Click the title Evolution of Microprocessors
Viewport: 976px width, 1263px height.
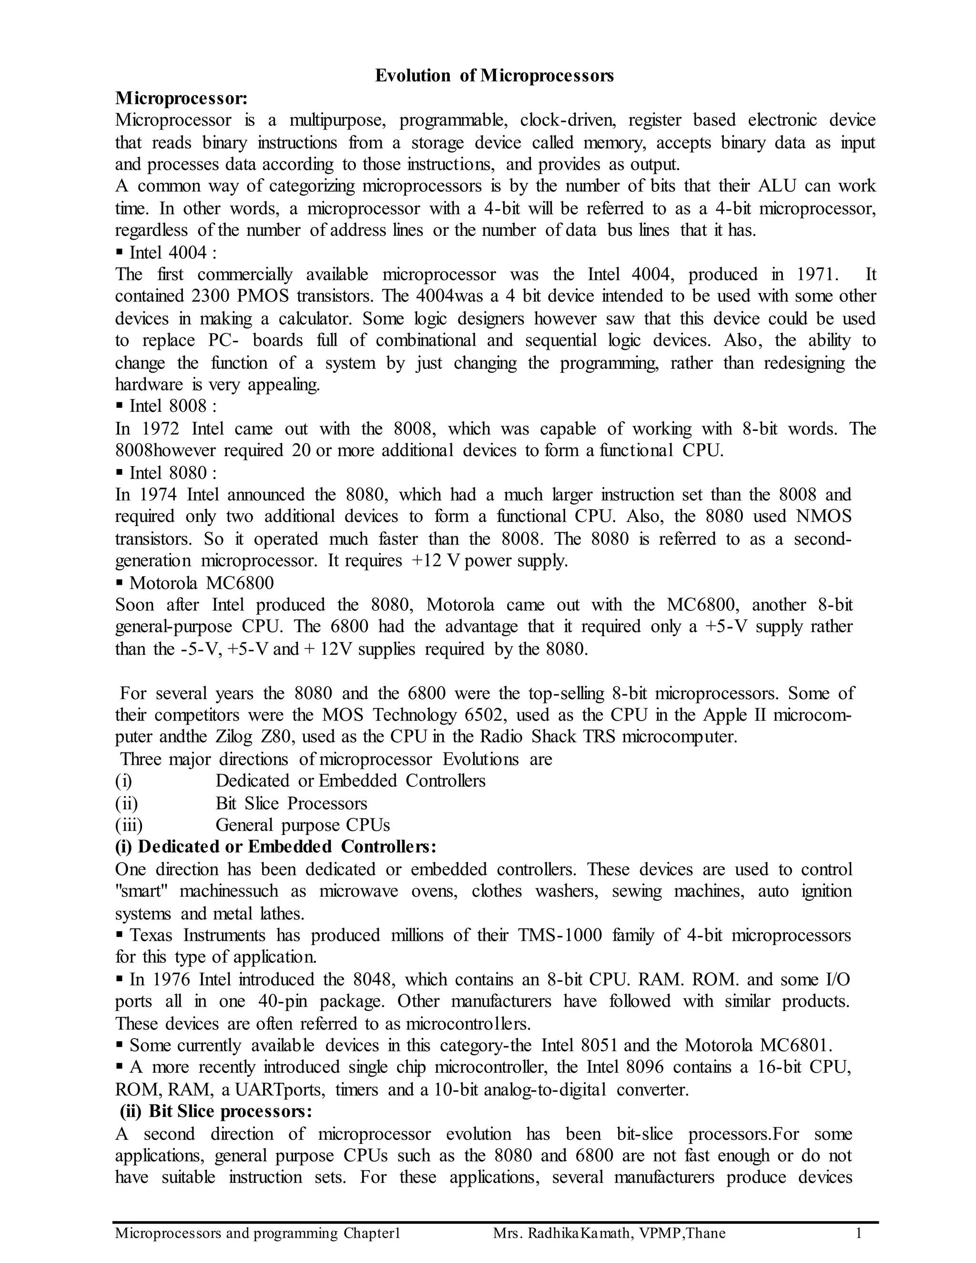(494, 76)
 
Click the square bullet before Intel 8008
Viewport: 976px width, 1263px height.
(120, 406)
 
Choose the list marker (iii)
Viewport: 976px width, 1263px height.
(128, 825)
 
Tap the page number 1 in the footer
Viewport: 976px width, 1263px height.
(859, 1233)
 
